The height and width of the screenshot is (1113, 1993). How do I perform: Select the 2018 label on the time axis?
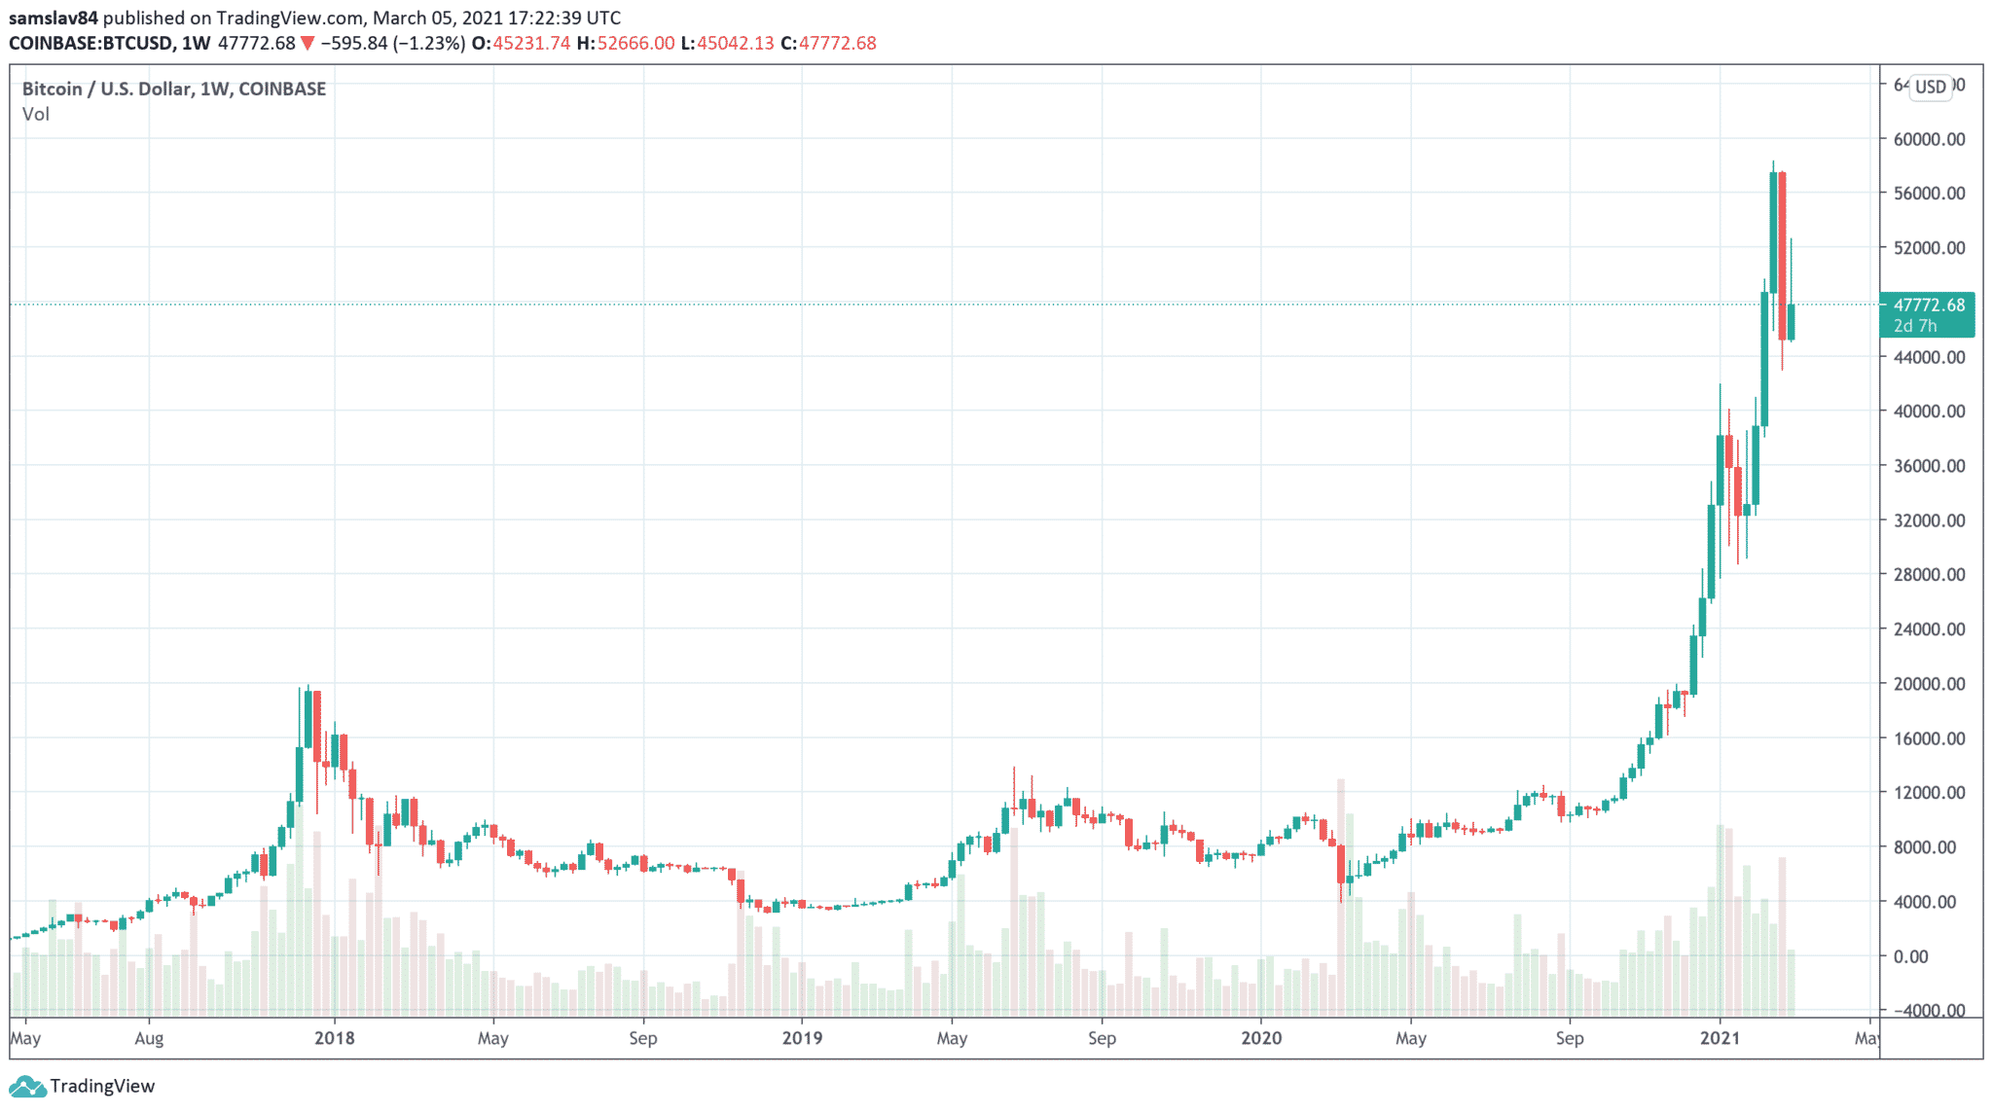pos(335,1038)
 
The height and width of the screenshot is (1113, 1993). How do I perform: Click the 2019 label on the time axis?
pos(802,1038)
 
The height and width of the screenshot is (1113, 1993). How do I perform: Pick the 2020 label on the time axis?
pos(1261,1038)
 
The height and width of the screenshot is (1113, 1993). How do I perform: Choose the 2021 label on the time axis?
pos(1720,1038)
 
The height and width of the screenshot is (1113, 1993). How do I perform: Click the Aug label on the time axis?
pos(149,1038)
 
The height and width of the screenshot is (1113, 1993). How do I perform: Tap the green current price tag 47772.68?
pos(1928,305)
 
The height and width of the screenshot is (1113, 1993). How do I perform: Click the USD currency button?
pos(1930,88)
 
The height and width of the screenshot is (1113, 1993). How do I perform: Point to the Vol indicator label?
pos(36,115)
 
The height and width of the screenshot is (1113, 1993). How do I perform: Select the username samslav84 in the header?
pos(54,18)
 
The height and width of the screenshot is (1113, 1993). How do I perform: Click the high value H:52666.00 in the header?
pos(625,44)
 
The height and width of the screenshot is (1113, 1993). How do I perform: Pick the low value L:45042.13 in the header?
pos(727,44)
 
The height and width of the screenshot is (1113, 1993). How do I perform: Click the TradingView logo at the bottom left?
pos(82,1086)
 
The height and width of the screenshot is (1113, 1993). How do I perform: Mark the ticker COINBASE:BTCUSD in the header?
pos(91,44)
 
